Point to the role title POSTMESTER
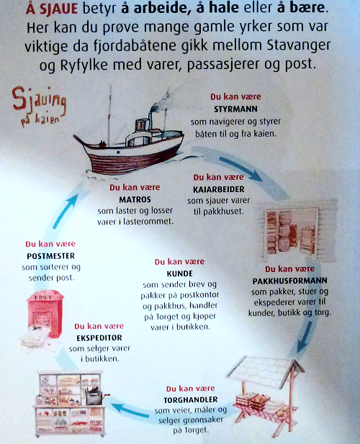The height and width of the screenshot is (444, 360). click(x=51, y=255)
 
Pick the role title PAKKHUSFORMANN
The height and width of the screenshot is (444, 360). click(x=290, y=281)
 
